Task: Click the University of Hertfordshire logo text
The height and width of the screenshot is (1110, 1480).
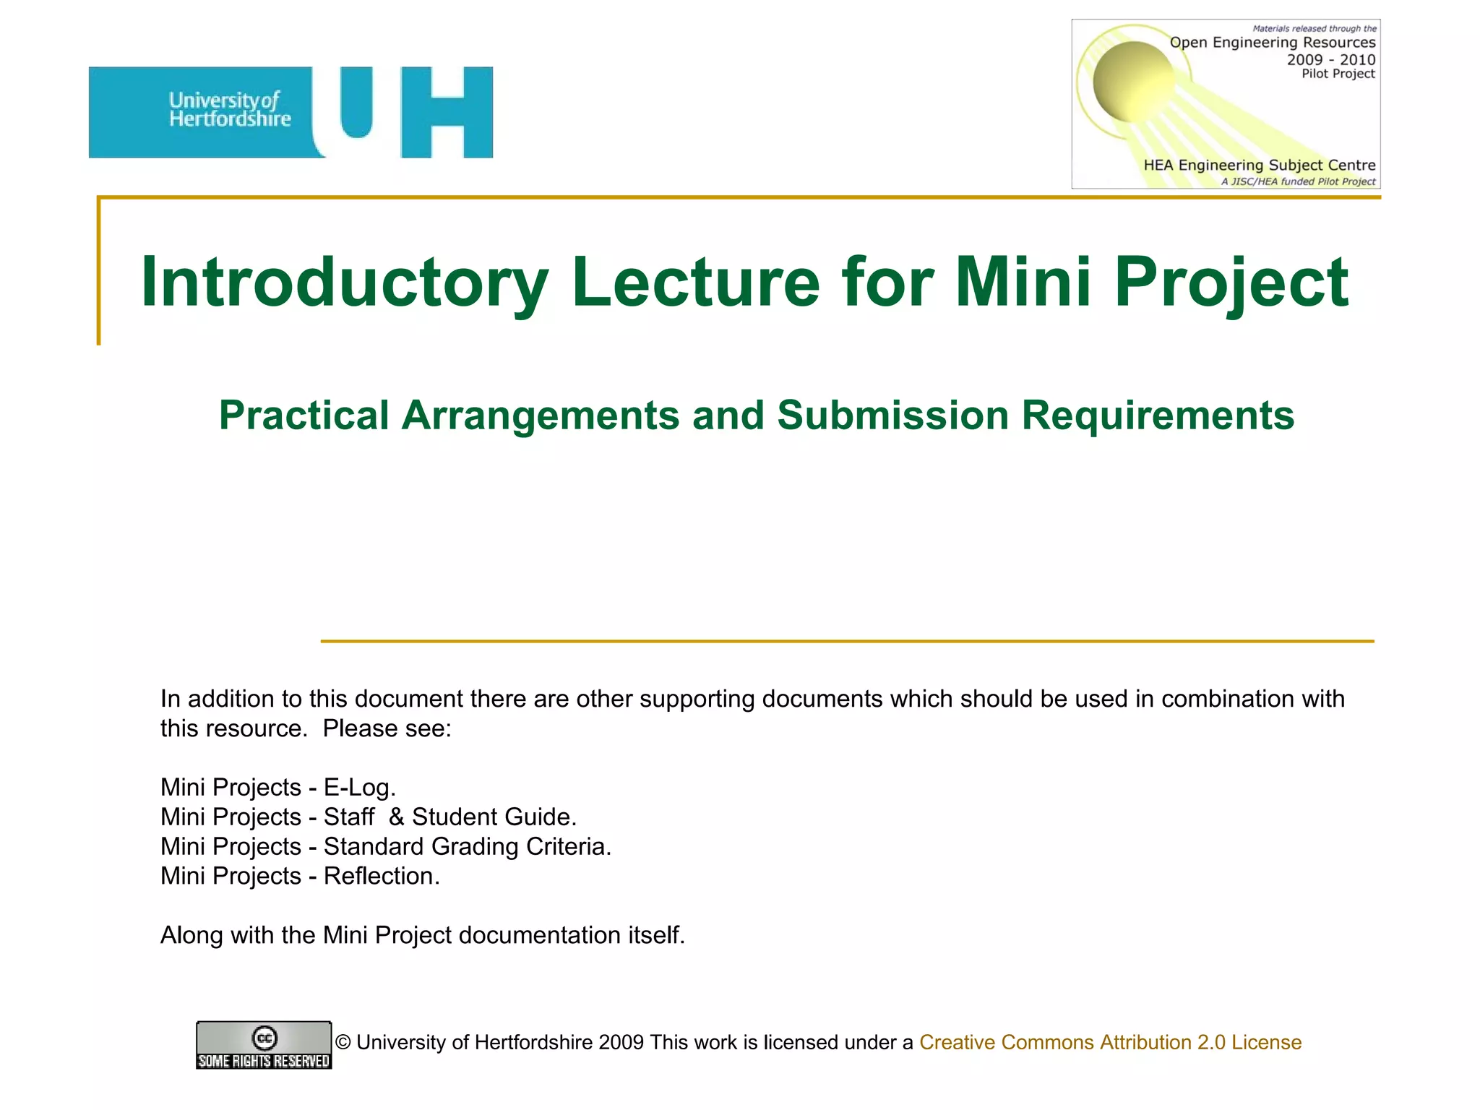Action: coord(230,110)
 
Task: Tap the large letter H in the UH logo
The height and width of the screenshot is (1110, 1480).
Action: coord(447,112)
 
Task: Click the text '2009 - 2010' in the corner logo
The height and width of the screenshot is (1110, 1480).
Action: coord(1330,59)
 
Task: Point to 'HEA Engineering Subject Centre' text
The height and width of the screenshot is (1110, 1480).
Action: coord(1259,165)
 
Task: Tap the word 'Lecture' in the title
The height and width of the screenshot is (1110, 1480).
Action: coord(695,283)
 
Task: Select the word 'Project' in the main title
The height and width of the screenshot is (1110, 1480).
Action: coord(1231,283)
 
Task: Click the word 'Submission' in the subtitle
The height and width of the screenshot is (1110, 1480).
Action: coord(892,416)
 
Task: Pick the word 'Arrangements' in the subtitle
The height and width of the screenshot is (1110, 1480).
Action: coord(540,416)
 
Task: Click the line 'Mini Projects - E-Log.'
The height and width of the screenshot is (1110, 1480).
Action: coord(278,787)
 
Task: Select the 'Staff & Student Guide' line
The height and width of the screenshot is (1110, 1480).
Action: coord(369,817)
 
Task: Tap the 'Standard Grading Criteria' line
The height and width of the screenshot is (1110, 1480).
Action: coord(386,846)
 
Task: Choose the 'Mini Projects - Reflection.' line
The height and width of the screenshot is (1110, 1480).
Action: coord(300,876)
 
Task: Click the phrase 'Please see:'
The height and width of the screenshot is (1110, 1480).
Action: coord(387,728)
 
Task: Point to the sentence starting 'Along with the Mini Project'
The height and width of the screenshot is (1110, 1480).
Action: coord(422,935)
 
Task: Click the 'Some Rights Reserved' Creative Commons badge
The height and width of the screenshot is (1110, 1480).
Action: coord(264,1045)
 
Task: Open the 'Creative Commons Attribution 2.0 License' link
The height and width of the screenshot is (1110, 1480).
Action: coord(1110,1042)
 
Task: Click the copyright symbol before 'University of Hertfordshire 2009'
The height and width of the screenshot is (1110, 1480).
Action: coord(343,1042)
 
